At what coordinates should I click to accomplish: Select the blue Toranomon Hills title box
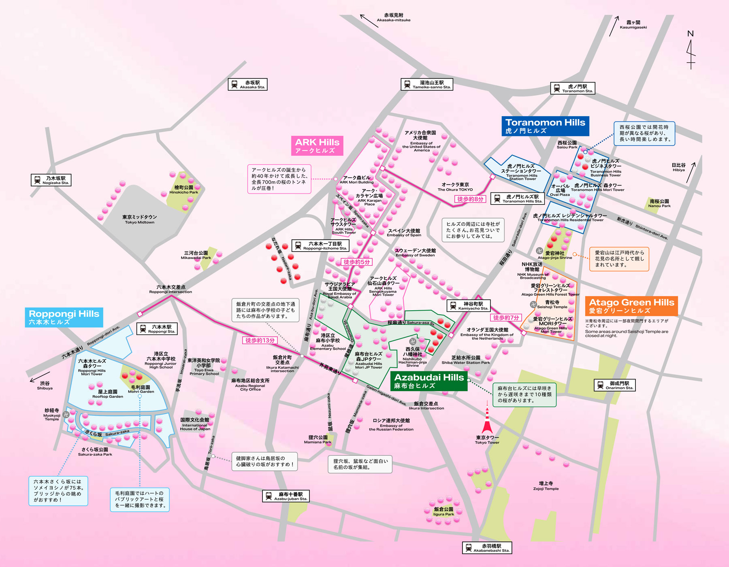tap(545, 126)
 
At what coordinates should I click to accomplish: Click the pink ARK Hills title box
tap(317, 145)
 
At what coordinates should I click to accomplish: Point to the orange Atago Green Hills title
tap(631, 306)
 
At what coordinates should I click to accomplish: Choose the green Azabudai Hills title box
tap(429, 381)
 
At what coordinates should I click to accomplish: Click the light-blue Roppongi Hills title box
tap(64, 317)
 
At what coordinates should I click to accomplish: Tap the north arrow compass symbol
tap(691, 51)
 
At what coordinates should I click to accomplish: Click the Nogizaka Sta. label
tap(51, 180)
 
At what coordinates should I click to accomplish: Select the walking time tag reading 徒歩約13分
tap(260, 340)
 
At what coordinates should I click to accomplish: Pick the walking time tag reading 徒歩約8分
tap(470, 199)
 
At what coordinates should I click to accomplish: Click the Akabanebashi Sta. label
tap(487, 548)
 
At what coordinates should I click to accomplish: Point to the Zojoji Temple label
tap(546, 486)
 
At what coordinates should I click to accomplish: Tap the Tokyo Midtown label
tap(139, 219)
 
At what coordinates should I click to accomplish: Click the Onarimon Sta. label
tap(614, 385)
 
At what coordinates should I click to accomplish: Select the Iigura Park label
tap(443, 512)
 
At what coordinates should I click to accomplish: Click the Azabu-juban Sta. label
tap(286, 496)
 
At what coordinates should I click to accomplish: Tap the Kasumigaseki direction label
tap(633, 25)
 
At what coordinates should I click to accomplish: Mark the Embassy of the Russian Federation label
tap(391, 424)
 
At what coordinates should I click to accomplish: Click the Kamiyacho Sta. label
tap(469, 306)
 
